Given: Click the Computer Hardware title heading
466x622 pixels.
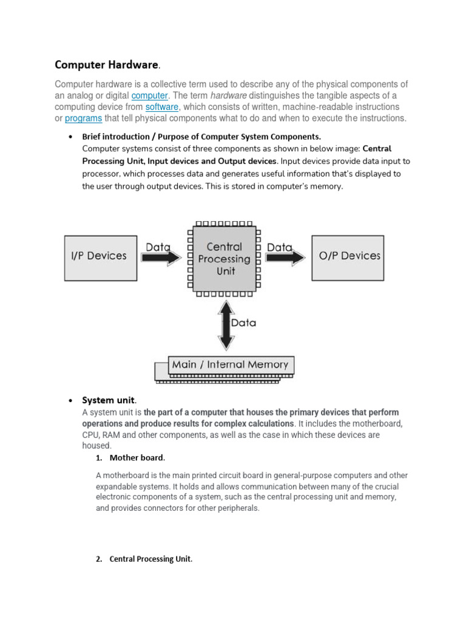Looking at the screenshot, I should (107, 64).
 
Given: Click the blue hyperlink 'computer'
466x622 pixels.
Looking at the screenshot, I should (149, 96).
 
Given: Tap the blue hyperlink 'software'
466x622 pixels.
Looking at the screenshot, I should (161, 107).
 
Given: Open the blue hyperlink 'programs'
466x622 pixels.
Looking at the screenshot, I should (83, 118).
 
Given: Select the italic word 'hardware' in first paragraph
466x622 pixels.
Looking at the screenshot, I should (228, 96).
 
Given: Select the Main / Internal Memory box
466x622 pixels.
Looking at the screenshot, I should (230, 364).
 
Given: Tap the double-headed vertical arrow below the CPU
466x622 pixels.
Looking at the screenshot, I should (226, 326).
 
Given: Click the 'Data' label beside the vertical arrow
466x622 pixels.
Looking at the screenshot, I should (243, 323).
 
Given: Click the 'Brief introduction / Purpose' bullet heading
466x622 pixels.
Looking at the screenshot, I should (201, 137).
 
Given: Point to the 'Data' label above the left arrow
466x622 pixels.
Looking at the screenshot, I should (158, 247).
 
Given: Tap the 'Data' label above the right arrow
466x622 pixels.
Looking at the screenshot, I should (280, 247).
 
